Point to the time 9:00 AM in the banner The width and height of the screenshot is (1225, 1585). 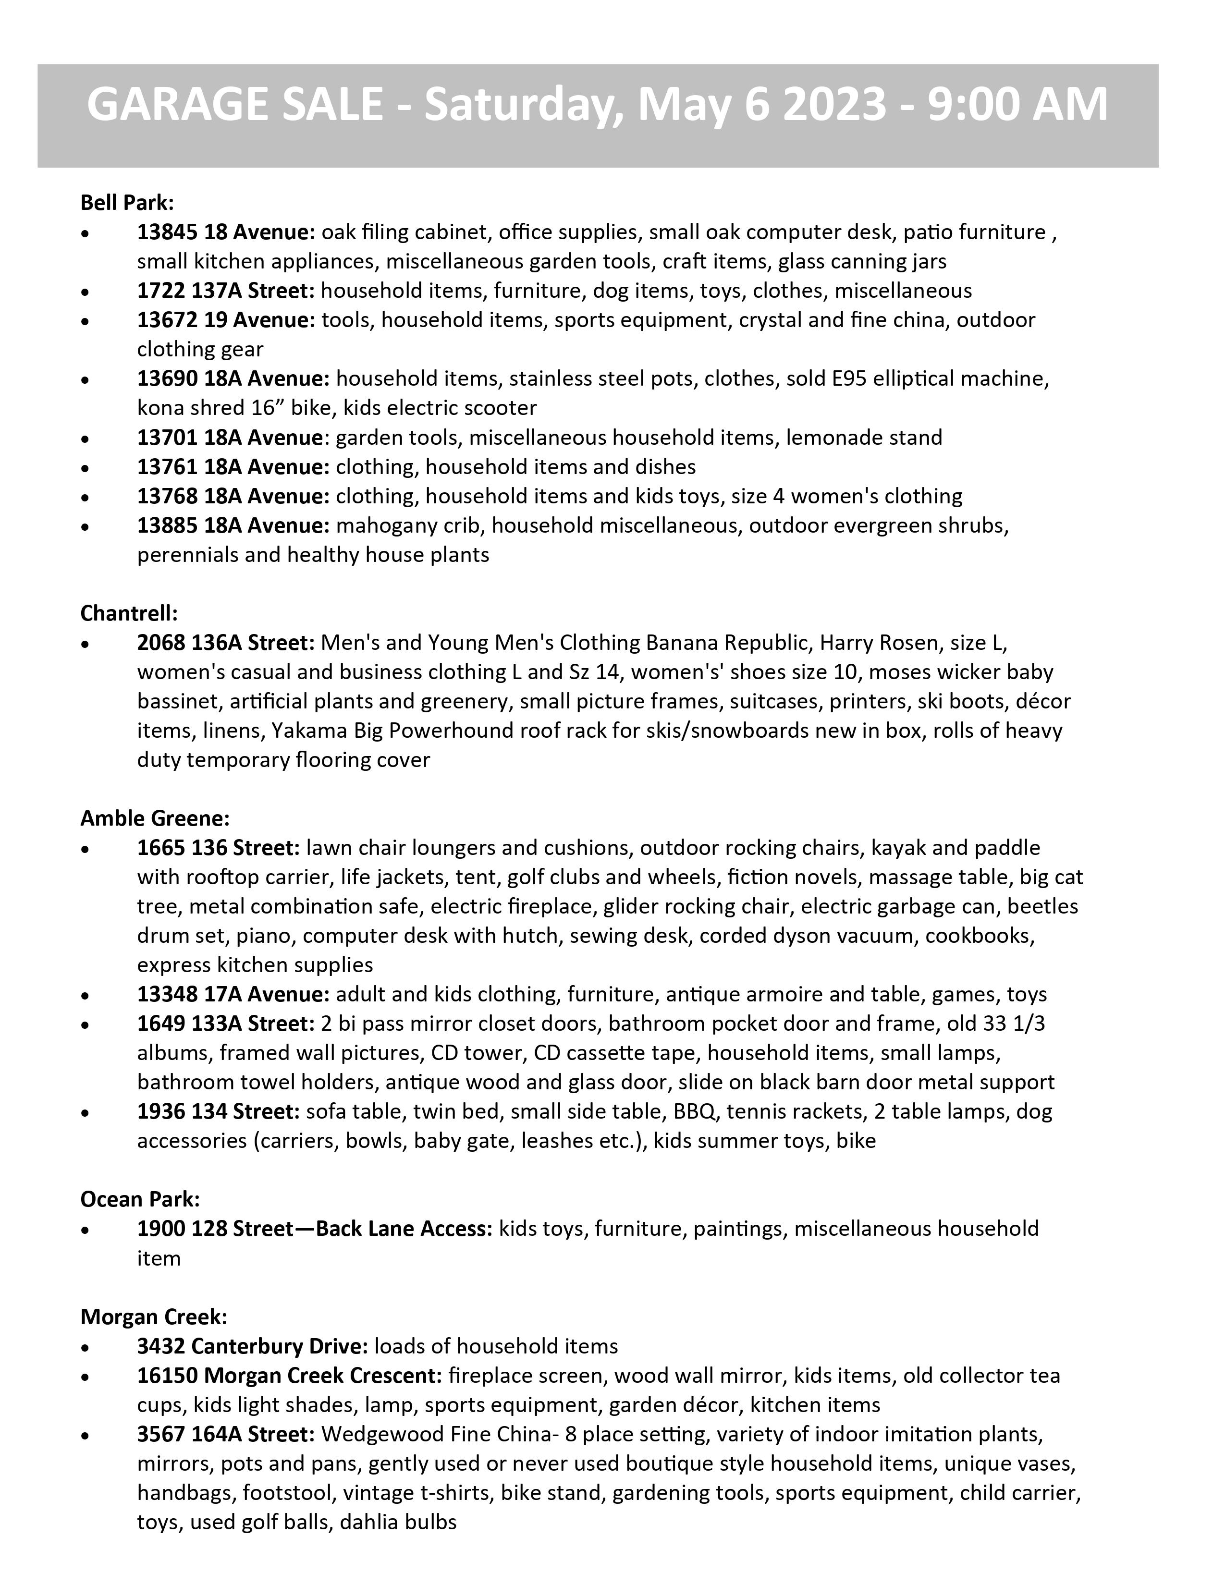pos(1009,104)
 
